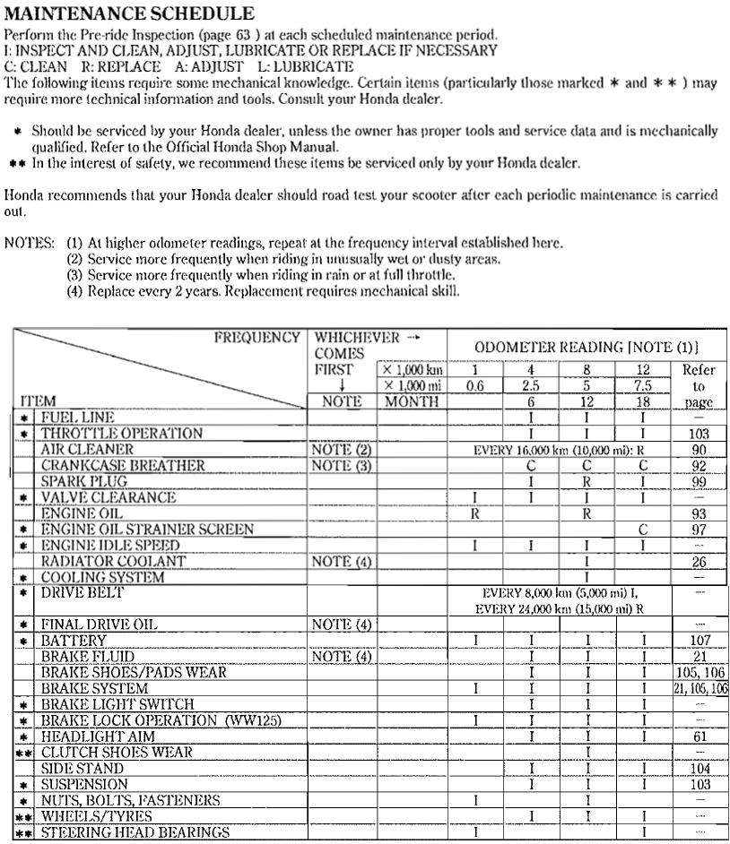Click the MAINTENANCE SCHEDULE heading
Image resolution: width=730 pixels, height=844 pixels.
point(129,14)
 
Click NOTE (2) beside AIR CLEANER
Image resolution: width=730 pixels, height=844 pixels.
point(340,449)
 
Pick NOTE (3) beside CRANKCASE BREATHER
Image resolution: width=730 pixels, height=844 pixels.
point(340,465)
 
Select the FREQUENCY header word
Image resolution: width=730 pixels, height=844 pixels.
point(256,338)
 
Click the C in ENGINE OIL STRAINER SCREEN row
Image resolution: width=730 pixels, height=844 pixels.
point(643,530)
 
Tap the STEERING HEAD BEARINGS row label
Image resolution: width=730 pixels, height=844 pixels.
point(135,832)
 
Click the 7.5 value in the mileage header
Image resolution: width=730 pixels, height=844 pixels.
point(643,385)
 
